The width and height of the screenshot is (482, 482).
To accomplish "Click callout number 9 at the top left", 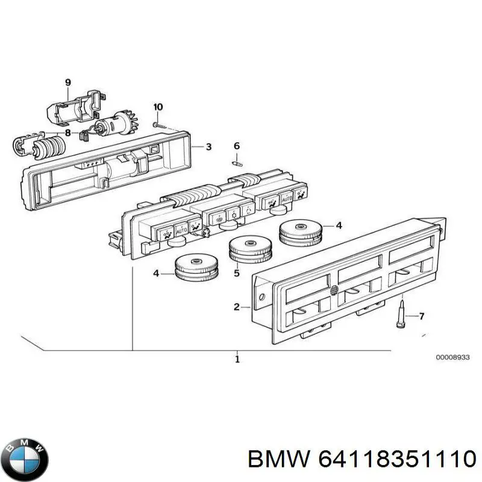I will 68,82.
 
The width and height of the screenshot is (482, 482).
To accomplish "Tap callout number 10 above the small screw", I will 158,107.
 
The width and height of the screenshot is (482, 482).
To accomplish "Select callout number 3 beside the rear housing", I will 208,147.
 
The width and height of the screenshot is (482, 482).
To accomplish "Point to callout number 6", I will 237,146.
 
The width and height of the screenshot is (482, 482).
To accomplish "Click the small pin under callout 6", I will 237,161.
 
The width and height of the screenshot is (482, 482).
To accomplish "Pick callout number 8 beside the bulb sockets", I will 67,133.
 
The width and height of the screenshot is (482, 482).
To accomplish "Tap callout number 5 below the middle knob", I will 237,273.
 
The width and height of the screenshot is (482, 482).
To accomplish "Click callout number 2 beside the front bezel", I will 237,307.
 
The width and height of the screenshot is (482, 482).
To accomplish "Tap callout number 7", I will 422,315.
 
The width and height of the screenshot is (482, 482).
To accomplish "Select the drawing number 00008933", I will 451,357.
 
